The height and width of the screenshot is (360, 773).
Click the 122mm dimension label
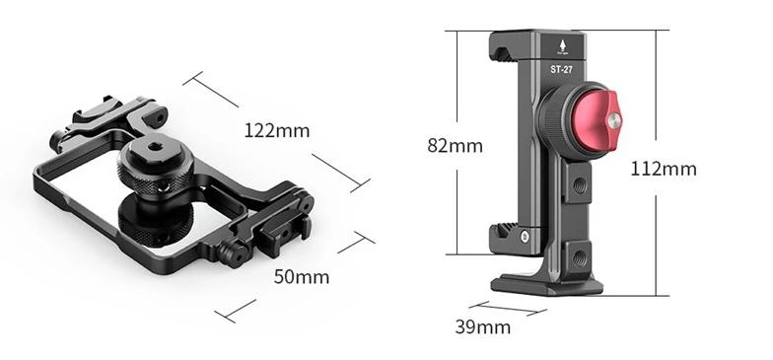pyautogui.click(x=277, y=130)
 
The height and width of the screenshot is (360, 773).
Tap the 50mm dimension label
pyautogui.click(x=302, y=276)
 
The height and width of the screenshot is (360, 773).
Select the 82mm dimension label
pyautogui.click(x=456, y=146)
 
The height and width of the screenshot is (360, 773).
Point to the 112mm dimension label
pyautogui.click(x=664, y=170)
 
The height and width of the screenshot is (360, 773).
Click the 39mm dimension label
pyautogui.click(x=483, y=327)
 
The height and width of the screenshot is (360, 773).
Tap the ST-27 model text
pyautogui.click(x=562, y=69)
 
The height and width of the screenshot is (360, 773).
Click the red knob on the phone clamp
pyautogui.click(x=597, y=120)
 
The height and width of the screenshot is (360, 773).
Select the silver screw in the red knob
pyautogui.click(x=613, y=120)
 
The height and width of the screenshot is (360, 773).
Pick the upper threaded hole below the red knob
pyautogui.click(x=578, y=185)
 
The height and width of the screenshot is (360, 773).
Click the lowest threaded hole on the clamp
pyautogui.click(x=578, y=257)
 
